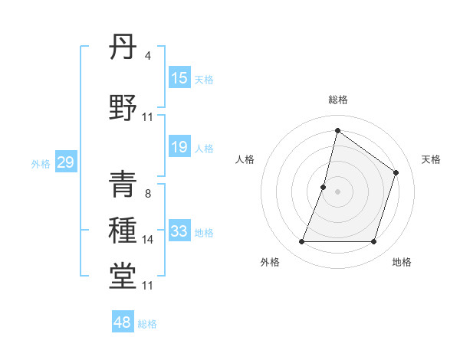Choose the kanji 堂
(123, 277)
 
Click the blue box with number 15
(179, 78)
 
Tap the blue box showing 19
(179, 147)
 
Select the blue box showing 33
(179, 231)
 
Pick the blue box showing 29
(65, 162)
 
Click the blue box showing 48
(123, 322)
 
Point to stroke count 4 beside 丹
(148, 56)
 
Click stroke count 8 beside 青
(148, 193)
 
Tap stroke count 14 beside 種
(148, 240)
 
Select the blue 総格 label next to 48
(148, 324)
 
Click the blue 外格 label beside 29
(41, 163)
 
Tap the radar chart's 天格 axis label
(431, 159)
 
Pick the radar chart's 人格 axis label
(245, 159)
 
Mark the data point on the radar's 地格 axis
(373, 242)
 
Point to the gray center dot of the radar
(337, 191)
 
